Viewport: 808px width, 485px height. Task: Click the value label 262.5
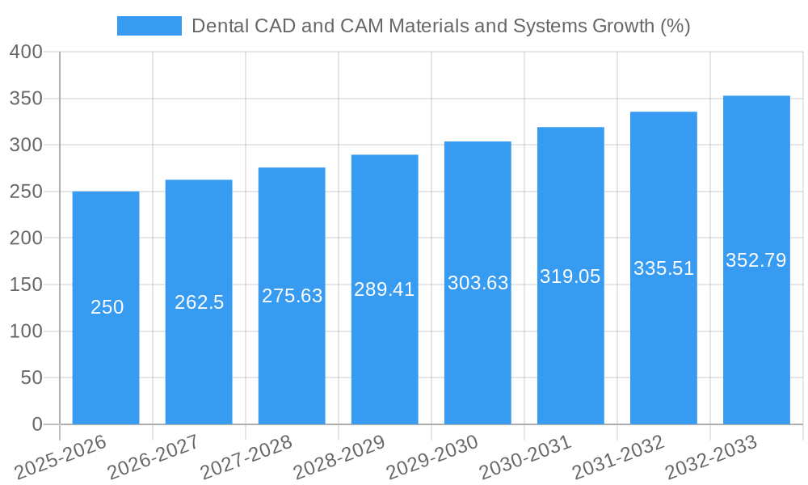[199, 302]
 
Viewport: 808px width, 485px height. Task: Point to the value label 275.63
[292, 296]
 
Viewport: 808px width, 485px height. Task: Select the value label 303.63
[478, 283]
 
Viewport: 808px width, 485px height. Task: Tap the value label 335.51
[663, 268]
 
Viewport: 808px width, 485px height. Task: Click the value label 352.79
[756, 260]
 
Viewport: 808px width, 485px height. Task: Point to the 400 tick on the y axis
[25, 53]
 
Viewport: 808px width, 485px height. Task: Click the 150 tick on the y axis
[25, 285]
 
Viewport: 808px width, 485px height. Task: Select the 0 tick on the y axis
[36, 424]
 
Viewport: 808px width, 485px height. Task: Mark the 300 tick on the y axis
[25, 145]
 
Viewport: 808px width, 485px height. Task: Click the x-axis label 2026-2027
[154, 457]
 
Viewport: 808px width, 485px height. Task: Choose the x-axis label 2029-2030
[433, 457]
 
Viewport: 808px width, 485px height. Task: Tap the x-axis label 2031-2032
[619, 457]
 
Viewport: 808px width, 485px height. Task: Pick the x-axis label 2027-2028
[246, 457]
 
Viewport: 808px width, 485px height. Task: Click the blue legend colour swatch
[149, 26]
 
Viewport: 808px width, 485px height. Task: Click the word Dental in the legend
[218, 26]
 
